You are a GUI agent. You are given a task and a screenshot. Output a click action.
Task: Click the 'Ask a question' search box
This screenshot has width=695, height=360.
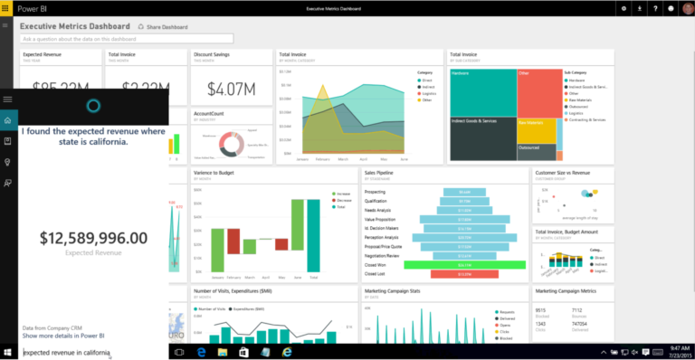coord(127,39)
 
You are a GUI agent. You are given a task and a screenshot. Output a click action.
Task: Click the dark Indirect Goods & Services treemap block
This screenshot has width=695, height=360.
coord(483,136)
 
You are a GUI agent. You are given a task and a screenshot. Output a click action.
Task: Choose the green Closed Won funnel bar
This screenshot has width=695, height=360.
coord(464,264)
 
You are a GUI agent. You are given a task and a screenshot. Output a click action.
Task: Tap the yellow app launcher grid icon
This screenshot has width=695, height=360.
coord(6,7)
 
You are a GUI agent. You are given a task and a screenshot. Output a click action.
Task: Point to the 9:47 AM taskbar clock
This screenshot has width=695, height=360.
coord(680,347)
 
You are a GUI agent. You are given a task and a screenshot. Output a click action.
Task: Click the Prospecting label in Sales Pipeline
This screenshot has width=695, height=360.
coord(375,192)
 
